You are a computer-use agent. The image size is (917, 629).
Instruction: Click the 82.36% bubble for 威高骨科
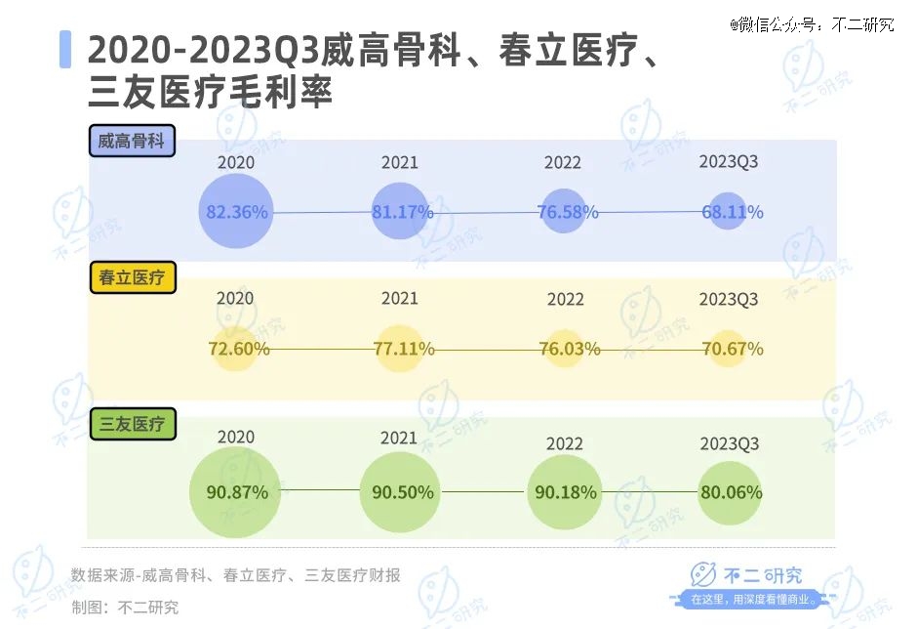[x=236, y=211]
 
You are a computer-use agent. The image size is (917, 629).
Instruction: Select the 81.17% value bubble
[x=401, y=211]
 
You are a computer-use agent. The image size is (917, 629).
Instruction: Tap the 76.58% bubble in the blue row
[x=565, y=211]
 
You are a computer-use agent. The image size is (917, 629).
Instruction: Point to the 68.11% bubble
[x=729, y=211]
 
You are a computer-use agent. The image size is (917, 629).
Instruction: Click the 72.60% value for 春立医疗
[x=236, y=349]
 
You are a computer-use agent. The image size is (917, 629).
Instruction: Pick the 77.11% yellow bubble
[x=401, y=349]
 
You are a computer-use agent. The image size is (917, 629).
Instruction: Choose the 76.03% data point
[x=565, y=349]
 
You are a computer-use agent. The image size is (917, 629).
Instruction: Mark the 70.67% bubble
[x=729, y=349]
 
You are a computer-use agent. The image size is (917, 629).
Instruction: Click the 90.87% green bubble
[x=236, y=492]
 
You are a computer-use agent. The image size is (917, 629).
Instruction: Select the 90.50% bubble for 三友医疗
[x=401, y=492]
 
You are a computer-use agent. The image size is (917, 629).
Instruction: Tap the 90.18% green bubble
[x=565, y=492]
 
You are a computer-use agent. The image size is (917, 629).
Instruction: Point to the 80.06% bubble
[x=729, y=492]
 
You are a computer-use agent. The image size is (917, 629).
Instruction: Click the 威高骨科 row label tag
[x=132, y=141]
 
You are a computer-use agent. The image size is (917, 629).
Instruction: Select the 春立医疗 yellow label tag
[x=132, y=278]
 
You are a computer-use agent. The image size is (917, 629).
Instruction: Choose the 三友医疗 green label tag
[x=132, y=424]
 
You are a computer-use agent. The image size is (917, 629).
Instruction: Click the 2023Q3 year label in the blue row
[x=729, y=161]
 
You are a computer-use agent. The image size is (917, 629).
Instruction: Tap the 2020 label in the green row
[x=236, y=438]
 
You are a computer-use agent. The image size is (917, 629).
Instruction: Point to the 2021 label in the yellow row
[x=400, y=298]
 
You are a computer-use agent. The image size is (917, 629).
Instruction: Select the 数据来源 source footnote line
[x=236, y=575]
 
